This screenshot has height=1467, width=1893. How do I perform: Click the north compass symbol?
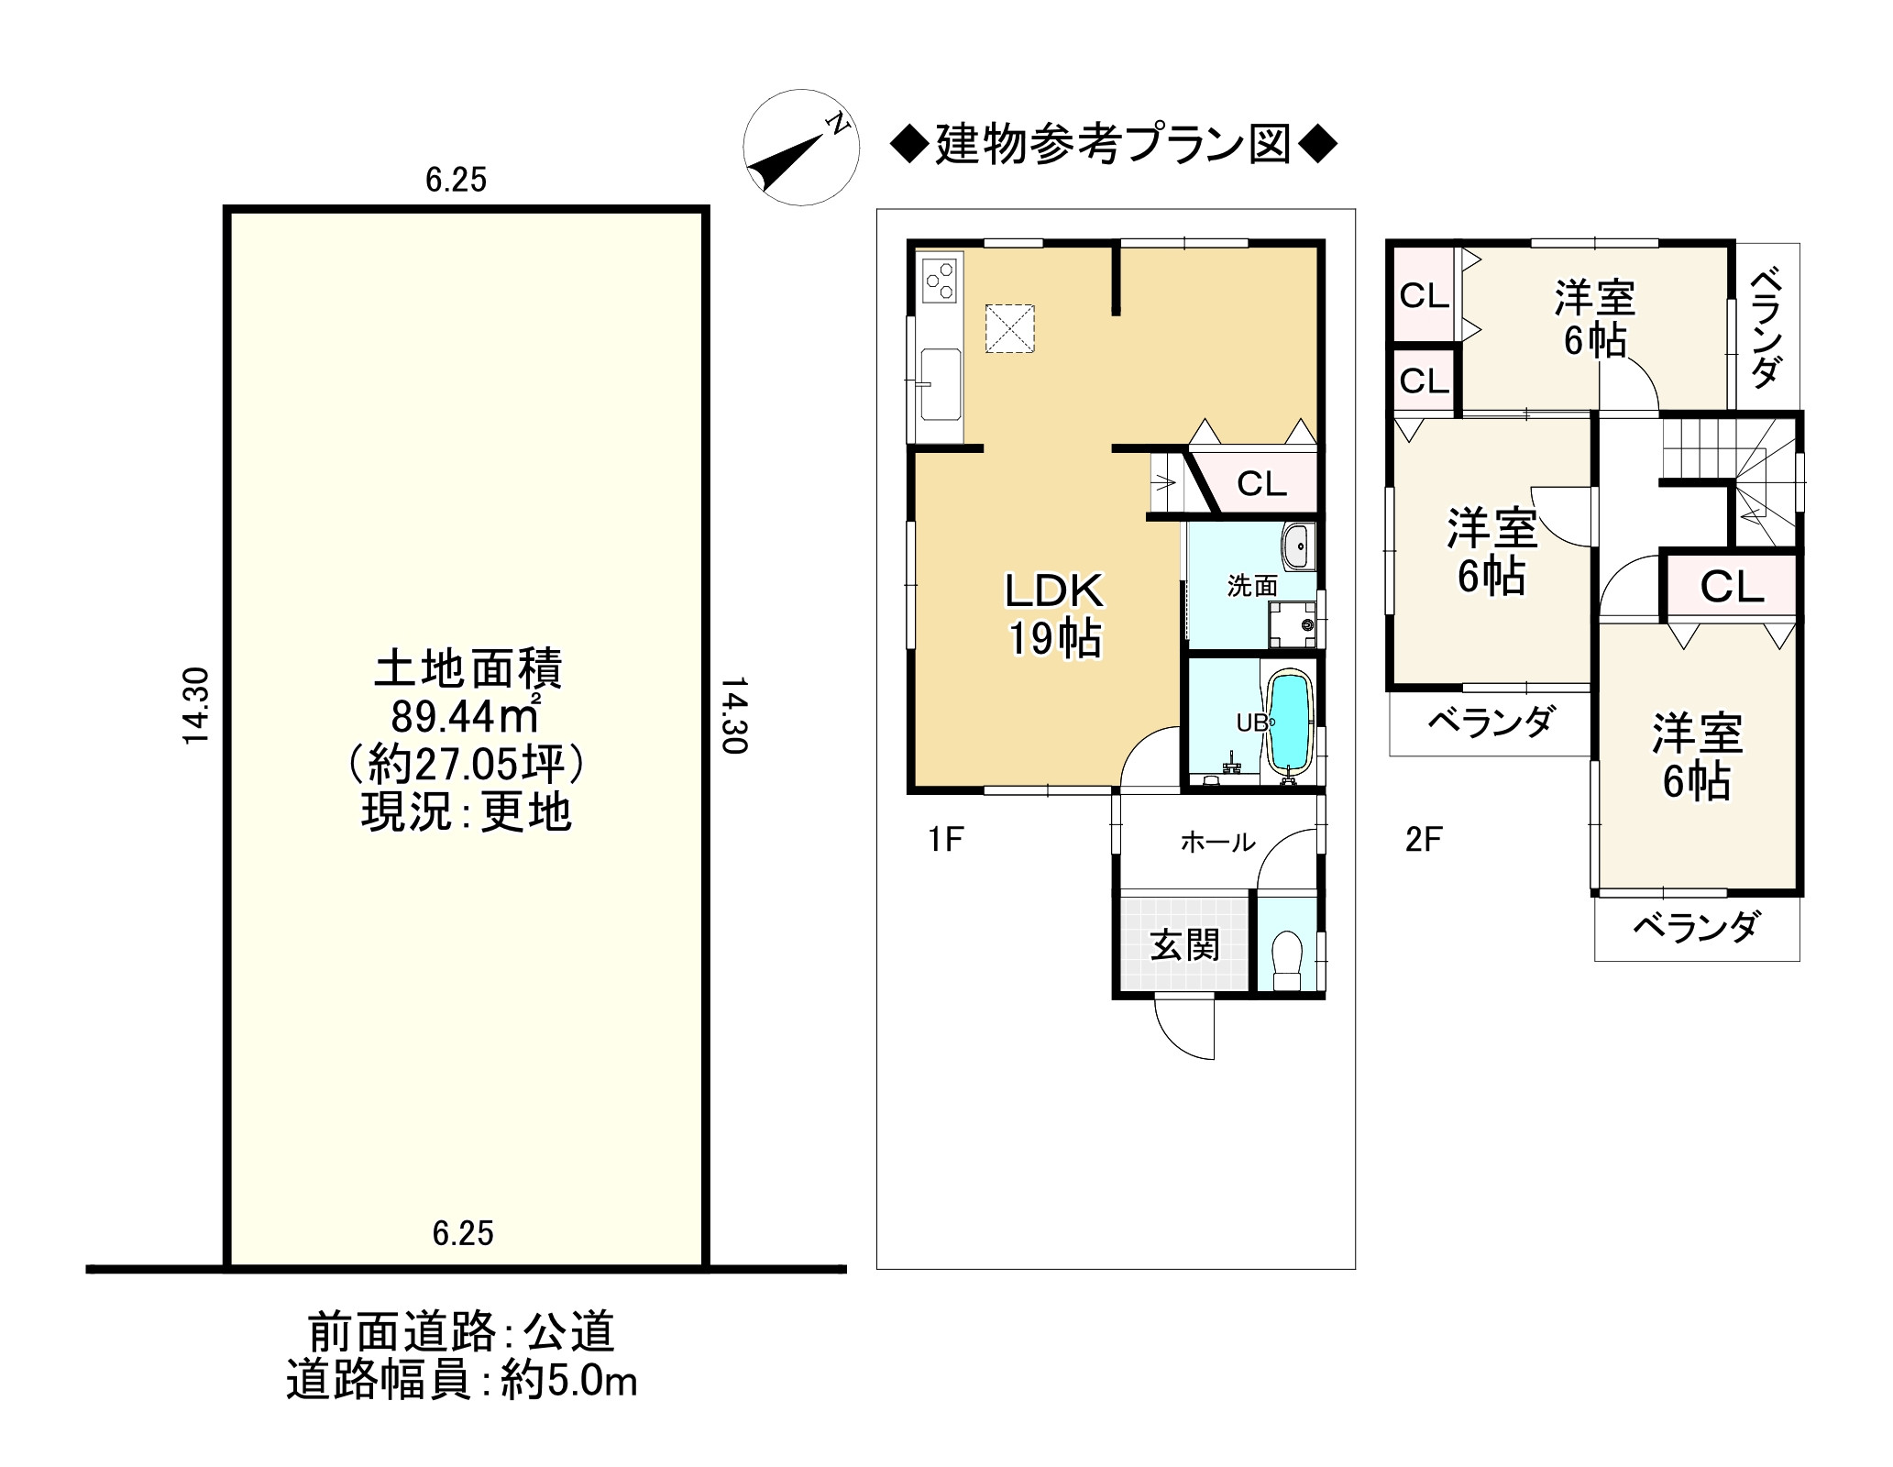point(800,148)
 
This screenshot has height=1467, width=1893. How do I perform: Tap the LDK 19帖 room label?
point(1054,615)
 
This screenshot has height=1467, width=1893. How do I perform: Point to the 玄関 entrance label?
point(1184,944)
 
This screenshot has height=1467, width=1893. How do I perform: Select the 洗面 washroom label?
point(1252,586)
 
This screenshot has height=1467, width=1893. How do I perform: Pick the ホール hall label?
point(1217,841)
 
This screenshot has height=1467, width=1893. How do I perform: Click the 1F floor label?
point(945,839)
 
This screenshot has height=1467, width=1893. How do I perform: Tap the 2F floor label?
point(1424,839)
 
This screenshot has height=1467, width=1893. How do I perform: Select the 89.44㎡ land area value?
point(465,716)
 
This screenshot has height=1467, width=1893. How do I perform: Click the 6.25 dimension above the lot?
point(456,181)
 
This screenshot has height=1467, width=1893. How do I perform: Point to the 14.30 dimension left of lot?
point(197,705)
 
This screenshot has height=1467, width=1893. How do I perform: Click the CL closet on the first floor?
point(1261,483)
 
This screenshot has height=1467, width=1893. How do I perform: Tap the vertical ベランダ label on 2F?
point(1766,326)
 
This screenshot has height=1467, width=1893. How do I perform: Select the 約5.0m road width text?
point(568,1406)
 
